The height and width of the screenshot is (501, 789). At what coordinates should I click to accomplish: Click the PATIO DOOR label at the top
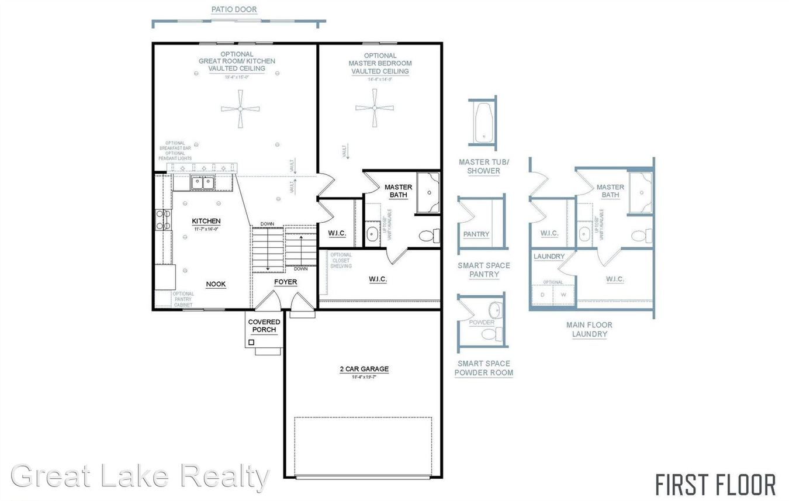(x=234, y=9)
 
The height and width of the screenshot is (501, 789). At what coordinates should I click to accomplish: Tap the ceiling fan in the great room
(x=240, y=109)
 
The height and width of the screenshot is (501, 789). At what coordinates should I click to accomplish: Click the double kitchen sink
(x=203, y=182)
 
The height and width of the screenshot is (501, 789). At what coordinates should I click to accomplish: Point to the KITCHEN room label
(x=206, y=221)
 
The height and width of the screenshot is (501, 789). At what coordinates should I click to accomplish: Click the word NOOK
(x=216, y=284)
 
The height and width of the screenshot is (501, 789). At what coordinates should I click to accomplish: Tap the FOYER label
(x=286, y=282)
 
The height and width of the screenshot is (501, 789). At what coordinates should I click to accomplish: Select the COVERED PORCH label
(x=264, y=326)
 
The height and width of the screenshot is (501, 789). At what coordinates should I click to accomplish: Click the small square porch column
(x=251, y=342)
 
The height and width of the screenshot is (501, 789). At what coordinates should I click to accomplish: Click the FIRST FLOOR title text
(x=715, y=485)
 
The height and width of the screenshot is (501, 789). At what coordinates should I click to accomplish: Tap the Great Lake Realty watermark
(x=140, y=476)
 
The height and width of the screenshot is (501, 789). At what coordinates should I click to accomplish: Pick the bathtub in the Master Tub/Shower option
(x=483, y=123)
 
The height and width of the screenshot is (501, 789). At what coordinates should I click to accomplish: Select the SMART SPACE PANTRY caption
(x=483, y=269)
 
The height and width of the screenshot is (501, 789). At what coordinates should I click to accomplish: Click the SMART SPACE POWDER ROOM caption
(x=484, y=368)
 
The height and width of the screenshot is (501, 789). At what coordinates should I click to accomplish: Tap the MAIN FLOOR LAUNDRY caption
(x=589, y=329)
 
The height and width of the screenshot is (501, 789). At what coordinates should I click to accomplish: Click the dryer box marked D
(x=542, y=295)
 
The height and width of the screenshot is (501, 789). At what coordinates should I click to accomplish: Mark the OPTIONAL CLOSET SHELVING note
(x=341, y=260)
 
